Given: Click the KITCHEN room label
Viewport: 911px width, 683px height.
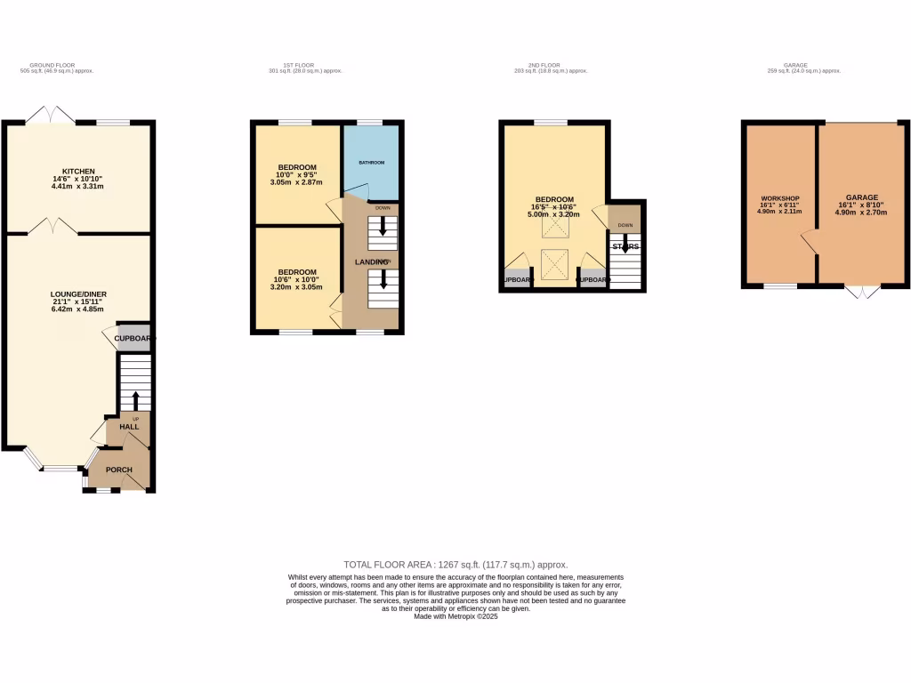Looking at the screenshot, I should click(x=78, y=171).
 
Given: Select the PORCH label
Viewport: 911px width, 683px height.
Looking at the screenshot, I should click(x=119, y=470).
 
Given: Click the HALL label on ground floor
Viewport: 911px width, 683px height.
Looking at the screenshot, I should click(x=129, y=427).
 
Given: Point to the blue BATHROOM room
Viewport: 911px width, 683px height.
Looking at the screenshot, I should click(x=371, y=163).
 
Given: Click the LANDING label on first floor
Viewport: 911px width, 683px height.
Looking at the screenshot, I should click(x=372, y=262).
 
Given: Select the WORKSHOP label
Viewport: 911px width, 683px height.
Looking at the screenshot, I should click(x=779, y=197).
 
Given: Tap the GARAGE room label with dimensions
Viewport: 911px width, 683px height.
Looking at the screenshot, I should click(x=861, y=197).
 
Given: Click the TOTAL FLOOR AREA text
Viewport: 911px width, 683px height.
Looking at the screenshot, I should click(x=455, y=565).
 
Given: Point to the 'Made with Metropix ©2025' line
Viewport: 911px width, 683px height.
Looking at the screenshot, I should click(x=455, y=615).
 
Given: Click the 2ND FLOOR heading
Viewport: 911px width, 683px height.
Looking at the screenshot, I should click(x=544, y=65).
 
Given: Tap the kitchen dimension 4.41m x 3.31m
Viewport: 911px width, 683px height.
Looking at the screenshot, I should click(x=78, y=187).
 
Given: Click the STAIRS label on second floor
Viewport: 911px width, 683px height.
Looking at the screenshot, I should click(x=625, y=246).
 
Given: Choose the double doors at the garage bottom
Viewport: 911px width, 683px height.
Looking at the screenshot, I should click(x=861, y=292).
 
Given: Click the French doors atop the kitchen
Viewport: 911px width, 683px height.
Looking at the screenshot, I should click(x=52, y=114).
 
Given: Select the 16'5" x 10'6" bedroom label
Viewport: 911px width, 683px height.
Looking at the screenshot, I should click(x=554, y=206).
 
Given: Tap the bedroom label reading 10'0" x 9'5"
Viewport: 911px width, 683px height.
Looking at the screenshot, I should click(x=296, y=175).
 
